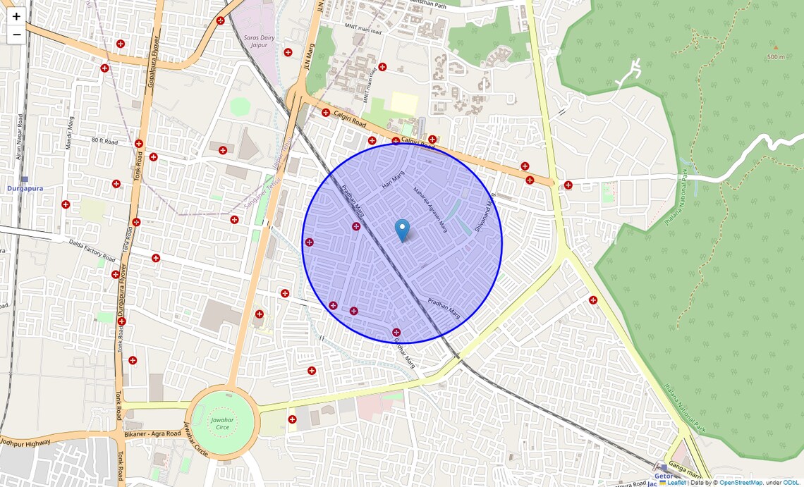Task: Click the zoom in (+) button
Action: pyautogui.click(x=16, y=16)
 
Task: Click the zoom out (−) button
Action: pyautogui.click(x=16, y=35)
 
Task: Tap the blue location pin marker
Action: pyautogui.click(x=402, y=230)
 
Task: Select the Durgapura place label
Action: pyautogui.click(x=25, y=189)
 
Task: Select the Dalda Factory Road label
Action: pyautogui.click(x=92, y=249)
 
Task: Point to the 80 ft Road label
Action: pyautogui.click(x=104, y=142)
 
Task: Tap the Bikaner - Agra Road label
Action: pyautogui.click(x=152, y=433)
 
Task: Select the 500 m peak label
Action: pyautogui.click(x=776, y=56)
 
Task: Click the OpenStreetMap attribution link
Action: pyautogui.click(x=741, y=483)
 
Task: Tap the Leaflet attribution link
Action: pyautogui.click(x=676, y=483)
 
